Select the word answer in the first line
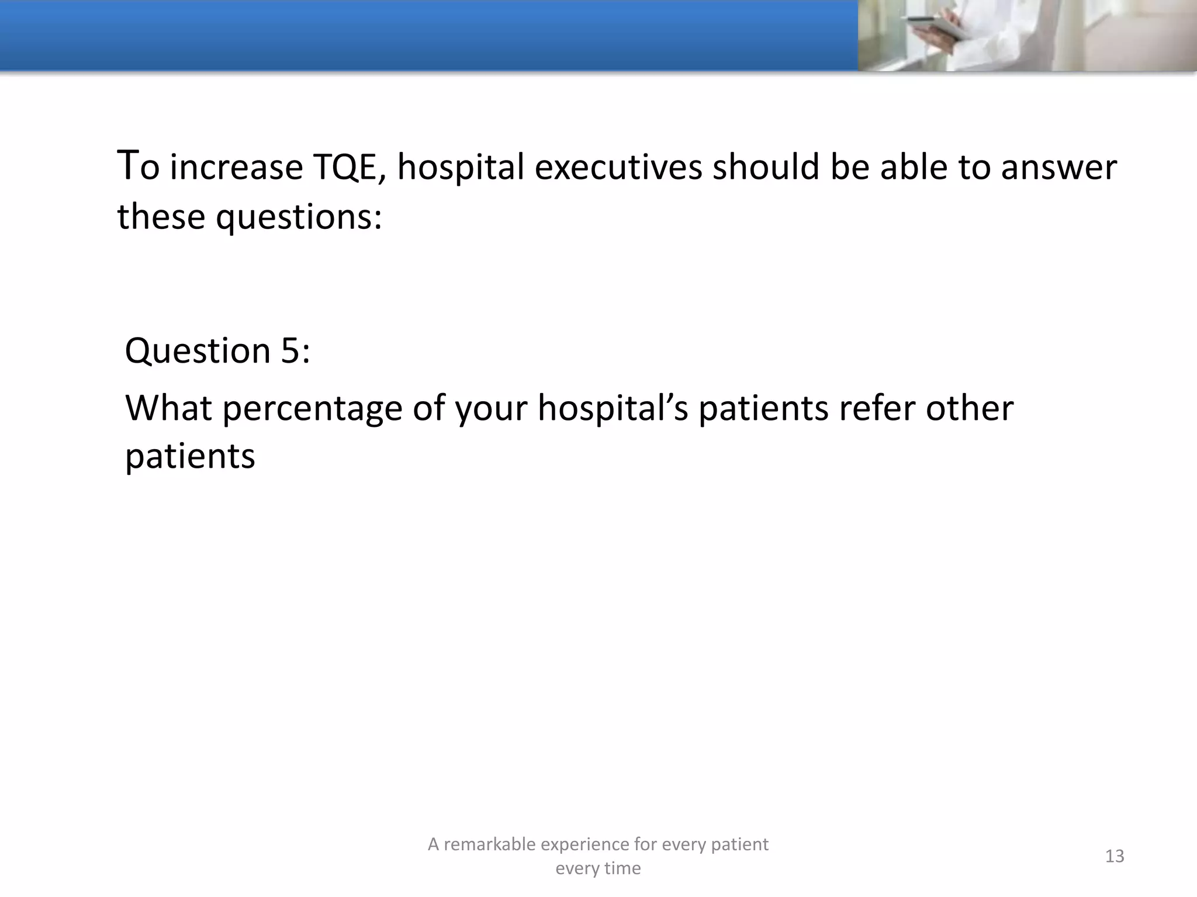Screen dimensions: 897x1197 click(x=1058, y=168)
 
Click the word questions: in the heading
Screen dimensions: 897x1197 click(x=299, y=217)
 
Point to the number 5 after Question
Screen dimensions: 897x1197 click(x=290, y=351)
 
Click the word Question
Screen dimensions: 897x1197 click(x=198, y=351)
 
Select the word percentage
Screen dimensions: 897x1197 click(x=313, y=408)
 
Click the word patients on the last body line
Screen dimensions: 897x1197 click(x=190, y=456)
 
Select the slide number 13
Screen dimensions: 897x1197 click(x=1114, y=856)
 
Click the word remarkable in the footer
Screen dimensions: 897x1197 click(x=489, y=844)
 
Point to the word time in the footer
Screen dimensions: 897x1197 click(x=624, y=868)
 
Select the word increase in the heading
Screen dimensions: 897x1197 click(x=236, y=168)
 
